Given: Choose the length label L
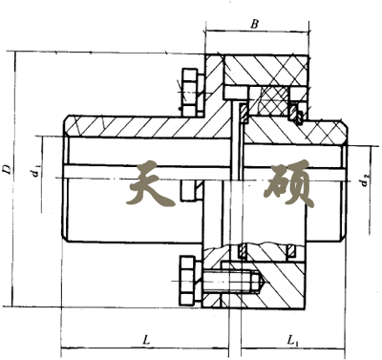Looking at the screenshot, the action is click(x=145, y=340).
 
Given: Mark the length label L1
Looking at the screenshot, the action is click(x=293, y=340).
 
